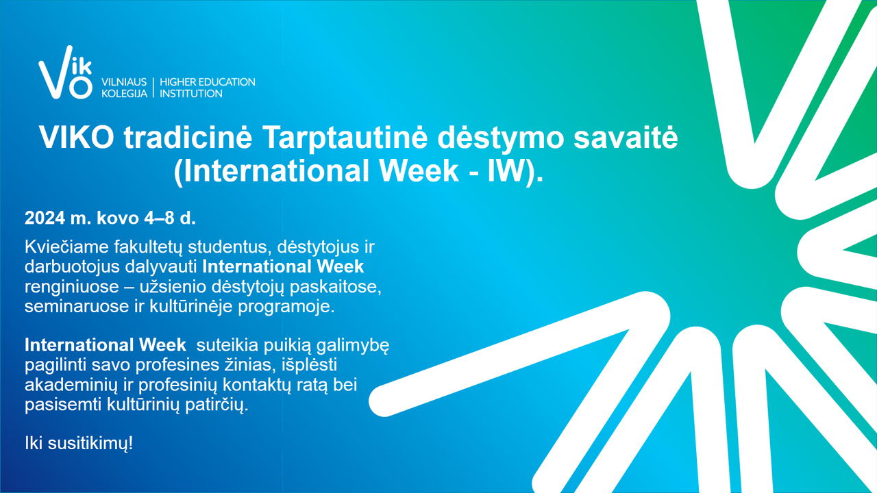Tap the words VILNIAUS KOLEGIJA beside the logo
click(124, 88)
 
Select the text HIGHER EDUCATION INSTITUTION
click(207, 88)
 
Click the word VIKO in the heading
click(76, 138)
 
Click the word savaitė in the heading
click(626, 138)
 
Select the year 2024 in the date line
click(45, 218)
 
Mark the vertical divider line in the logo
click(153, 88)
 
